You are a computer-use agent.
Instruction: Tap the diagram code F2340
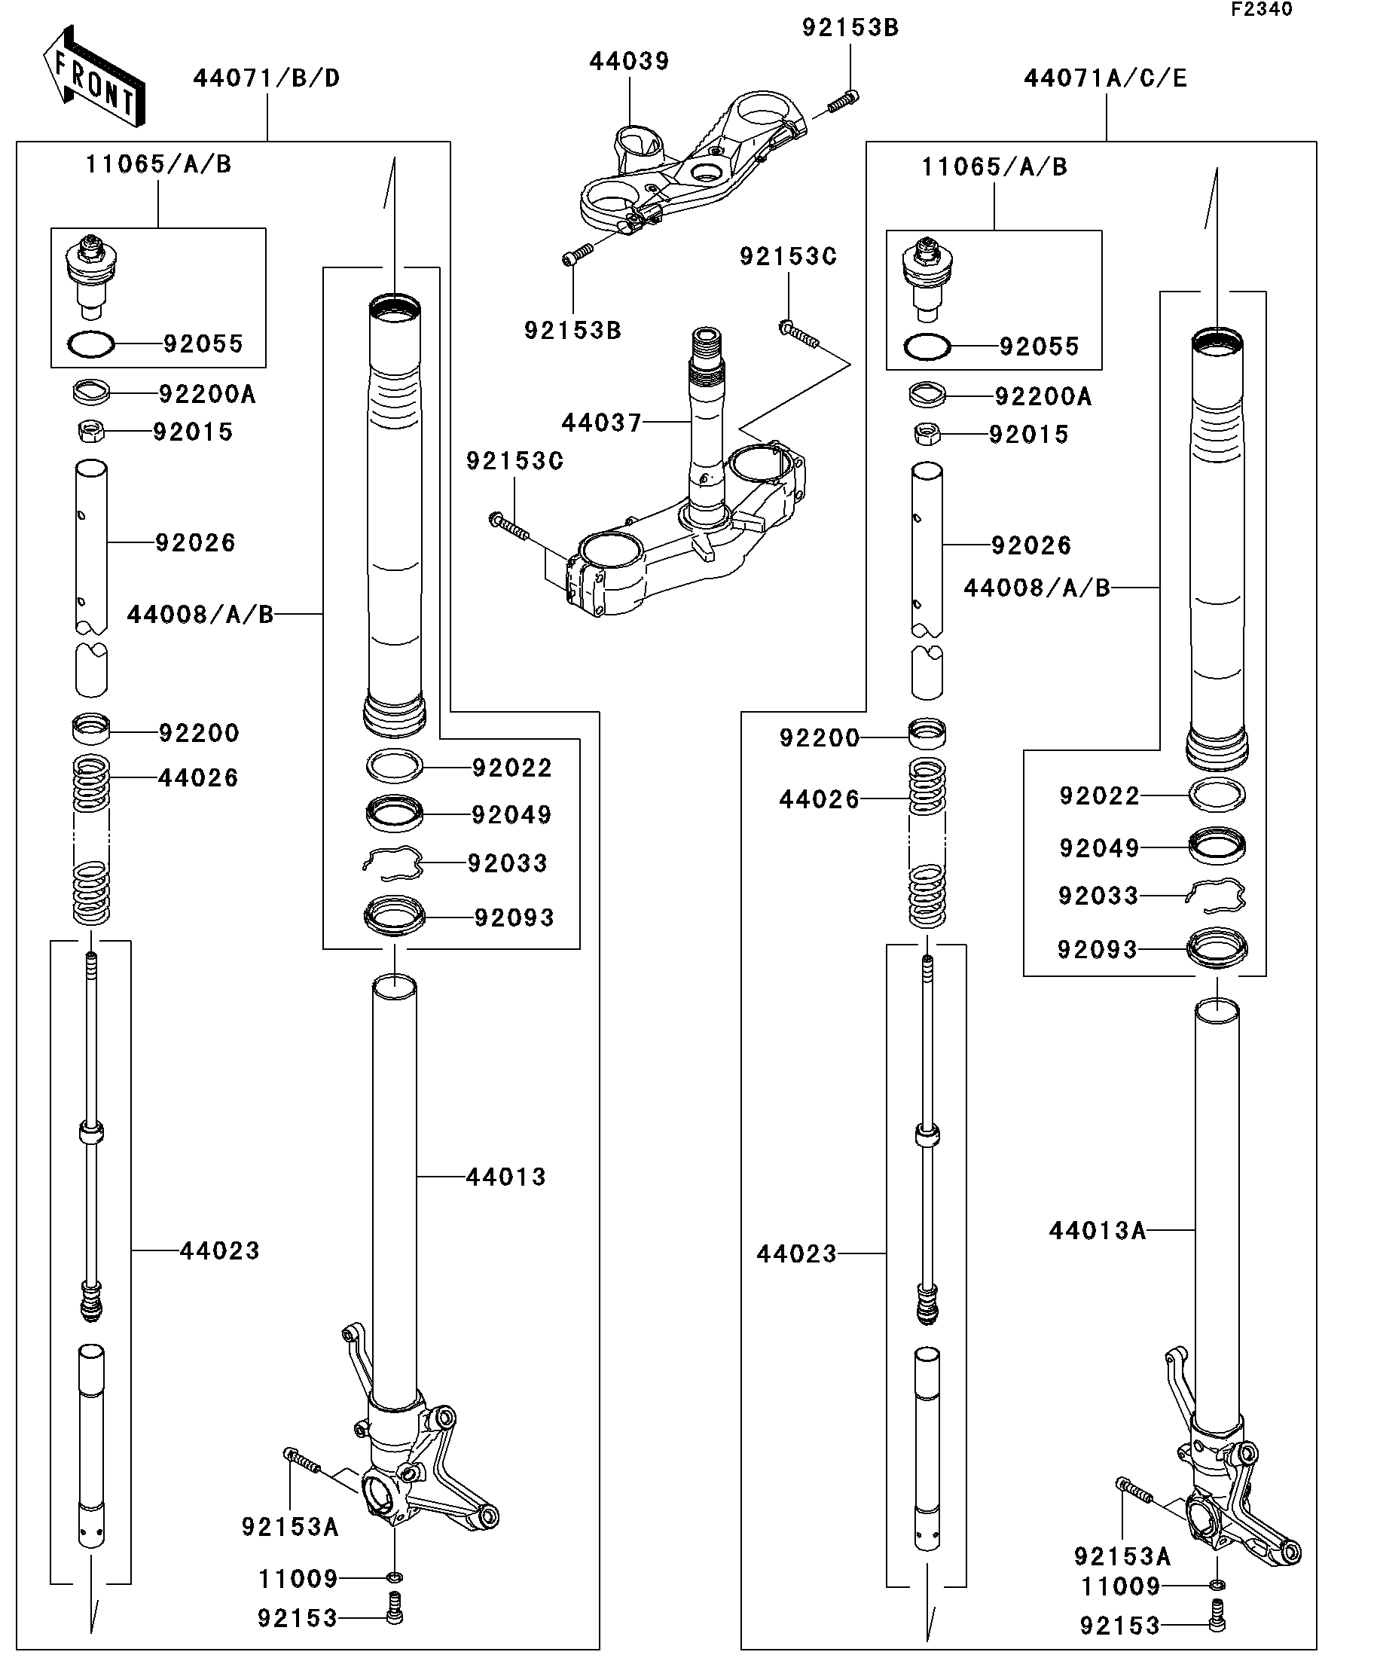[x=1261, y=10]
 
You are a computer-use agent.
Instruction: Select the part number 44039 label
[x=629, y=62]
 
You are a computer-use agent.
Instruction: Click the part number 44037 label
[x=601, y=423]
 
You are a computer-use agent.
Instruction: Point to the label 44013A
[x=1097, y=1231]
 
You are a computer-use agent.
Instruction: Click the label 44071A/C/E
[x=1105, y=79]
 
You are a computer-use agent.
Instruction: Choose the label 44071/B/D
[x=267, y=78]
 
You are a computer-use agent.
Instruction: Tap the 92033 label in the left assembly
[x=507, y=863]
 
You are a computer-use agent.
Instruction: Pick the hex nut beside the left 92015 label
[x=92, y=432]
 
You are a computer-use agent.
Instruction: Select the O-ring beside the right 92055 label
[x=927, y=347]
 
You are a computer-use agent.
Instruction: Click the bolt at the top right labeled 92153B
[x=843, y=100]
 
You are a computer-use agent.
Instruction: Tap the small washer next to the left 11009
[x=395, y=1578]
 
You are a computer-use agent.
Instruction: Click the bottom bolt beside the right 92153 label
[x=1217, y=1625]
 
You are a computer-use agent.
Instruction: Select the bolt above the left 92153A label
[x=301, y=1460]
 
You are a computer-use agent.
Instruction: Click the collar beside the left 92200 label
[x=91, y=728]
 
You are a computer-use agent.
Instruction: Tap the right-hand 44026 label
[x=819, y=800]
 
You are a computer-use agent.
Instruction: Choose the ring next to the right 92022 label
[x=1217, y=794]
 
